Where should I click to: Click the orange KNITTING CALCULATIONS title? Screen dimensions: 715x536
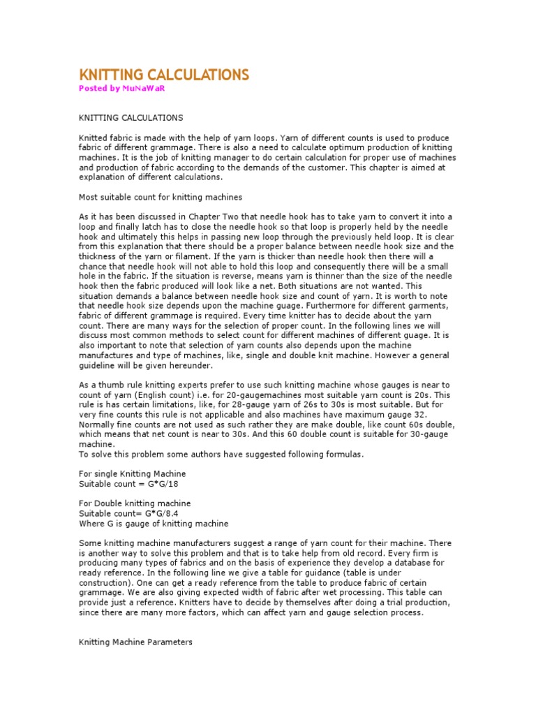pyautogui.click(x=163, y=75)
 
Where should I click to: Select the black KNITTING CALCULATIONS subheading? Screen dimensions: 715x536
pyautogui.click(x=131, y=117)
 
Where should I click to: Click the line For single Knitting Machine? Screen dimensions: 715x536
pyautogui.click(x=132, y=473)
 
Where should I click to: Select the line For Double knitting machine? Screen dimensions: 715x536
pyautogui.click(x=134, y=503)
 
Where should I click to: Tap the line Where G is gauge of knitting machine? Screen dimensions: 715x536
pyautogui.click(x=153, y=524)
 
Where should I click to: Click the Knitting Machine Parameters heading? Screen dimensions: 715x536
pyautogui.click(x=135, y=642)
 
